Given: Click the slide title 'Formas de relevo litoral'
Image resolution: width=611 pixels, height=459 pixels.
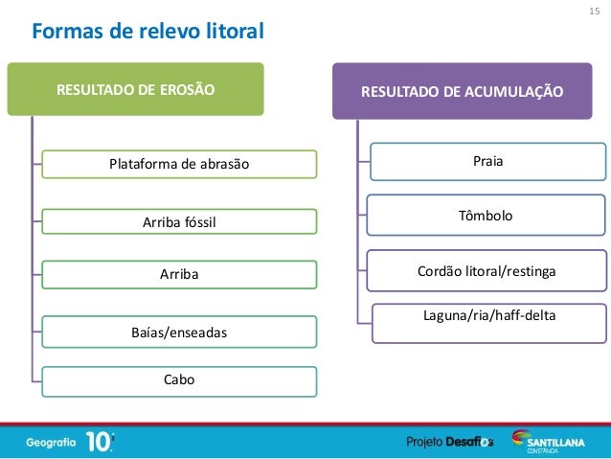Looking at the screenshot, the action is (x=147, y=33).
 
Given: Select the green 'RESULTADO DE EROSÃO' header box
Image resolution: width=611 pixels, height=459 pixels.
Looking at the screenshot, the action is (x=136, y=90).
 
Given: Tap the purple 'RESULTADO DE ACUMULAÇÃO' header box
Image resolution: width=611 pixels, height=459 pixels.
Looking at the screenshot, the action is (x=463, y=92).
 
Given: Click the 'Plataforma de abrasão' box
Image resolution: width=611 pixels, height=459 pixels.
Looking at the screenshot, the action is (x=179, y=164).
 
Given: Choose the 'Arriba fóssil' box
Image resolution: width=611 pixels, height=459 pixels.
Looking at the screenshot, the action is (x=179, y=222).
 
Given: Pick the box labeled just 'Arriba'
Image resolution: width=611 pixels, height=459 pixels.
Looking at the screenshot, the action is (x=179, y=275).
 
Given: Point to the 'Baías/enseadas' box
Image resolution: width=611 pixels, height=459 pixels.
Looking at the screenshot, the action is (x=179, y=332).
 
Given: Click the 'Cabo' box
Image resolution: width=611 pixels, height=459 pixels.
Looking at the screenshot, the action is (x=179, y=379).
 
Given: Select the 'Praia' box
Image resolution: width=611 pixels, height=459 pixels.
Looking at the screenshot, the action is (x=487, y=161).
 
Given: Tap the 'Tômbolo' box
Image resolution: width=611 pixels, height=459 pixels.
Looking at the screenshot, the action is (x=487, y=217).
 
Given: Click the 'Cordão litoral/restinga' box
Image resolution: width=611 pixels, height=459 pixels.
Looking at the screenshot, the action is (x=487, y=272).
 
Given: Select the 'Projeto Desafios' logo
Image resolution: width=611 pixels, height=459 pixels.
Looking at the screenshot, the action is (x=450, y=441).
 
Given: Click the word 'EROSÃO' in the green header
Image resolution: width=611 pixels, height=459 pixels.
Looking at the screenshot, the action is (x=183, y=90).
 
